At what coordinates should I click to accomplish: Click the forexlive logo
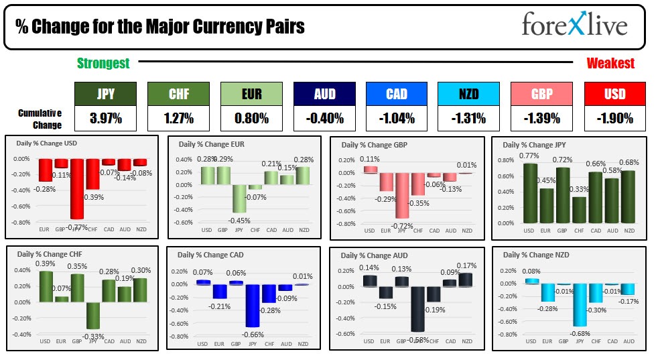(x=574, y=25)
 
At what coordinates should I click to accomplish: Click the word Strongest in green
(x=103, y=63)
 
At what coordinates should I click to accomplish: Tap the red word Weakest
(x=610, y=63)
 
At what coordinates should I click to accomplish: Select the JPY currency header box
(x=105, y=94)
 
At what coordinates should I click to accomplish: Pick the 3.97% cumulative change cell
(x=105, y=119)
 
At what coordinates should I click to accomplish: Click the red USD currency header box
(x=614, y=94)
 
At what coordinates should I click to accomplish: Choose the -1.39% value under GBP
(x=541, y=119)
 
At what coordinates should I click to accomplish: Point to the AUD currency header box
(x=324, y=94)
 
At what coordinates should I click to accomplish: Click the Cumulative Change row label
(x=40, y=119)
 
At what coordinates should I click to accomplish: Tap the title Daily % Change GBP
(x=374, y=145)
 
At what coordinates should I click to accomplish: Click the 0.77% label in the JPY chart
(x=529, y=156)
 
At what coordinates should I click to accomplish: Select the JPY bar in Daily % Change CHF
(x=92, y=315)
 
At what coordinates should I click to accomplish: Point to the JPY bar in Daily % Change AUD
(x=417, y=309)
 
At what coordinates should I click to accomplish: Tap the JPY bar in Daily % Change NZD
(x=580, y=304)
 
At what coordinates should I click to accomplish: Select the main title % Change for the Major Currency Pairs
(x=160, y=27)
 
